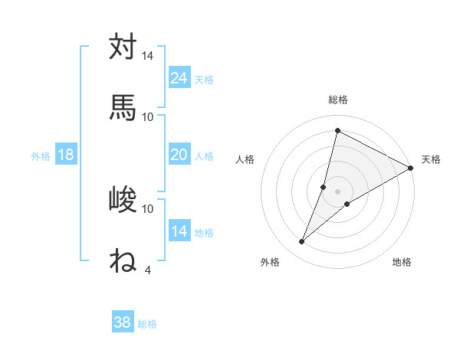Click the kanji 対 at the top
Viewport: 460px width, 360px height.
click(123, 47)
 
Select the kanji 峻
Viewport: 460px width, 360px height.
click(123, 200)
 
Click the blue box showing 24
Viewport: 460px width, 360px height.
click(179, 78)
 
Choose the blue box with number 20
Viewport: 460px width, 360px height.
click(179, 155)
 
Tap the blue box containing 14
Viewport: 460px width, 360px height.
click(179, 231)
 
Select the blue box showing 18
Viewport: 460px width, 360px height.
click(66, 155)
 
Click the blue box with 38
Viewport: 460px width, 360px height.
click(123, 322)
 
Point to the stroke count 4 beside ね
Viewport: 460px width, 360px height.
click(147, 270)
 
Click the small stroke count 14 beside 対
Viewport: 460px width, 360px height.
click(148, 57)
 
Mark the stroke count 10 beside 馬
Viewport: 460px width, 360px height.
click(148, 116)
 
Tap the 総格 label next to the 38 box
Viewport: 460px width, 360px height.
click(147, 324)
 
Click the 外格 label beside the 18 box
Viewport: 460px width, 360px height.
click(41, 156)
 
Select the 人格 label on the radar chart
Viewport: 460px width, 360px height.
click(245, 159)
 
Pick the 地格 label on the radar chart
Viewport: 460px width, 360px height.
click(402, 262)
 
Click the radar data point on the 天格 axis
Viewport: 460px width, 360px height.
click(411, 169)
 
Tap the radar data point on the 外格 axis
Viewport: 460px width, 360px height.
click(302, 242)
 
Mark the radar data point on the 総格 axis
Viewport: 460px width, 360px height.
click(337, 130)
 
